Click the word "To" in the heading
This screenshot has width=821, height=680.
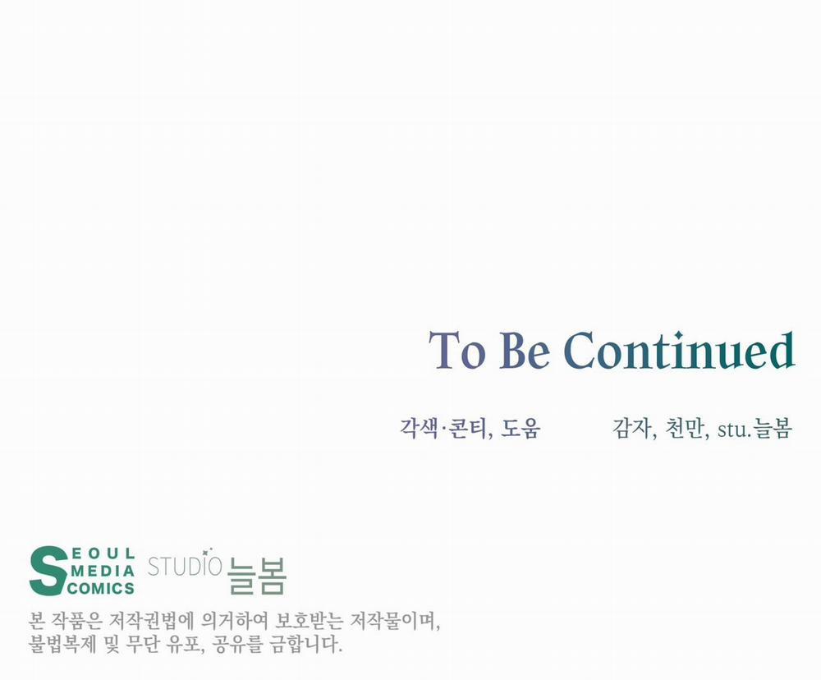(456, 350)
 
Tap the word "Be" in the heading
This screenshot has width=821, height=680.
(525, 350)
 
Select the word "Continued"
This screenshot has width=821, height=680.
(680, 349)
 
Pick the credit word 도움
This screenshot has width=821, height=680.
(521, 428)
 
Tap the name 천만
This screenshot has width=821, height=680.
(685, 428)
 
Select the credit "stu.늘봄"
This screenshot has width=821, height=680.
(754, 428)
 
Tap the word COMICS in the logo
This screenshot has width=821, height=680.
(101, 588)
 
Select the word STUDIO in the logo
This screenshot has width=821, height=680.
(185, 566)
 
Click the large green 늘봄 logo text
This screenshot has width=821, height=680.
(256, 576)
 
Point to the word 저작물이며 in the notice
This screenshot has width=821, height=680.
(396, 622)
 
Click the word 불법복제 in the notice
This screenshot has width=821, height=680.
(62, 644)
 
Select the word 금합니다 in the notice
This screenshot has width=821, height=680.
(306, 644)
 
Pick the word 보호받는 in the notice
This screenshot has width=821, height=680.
(309, 622)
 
